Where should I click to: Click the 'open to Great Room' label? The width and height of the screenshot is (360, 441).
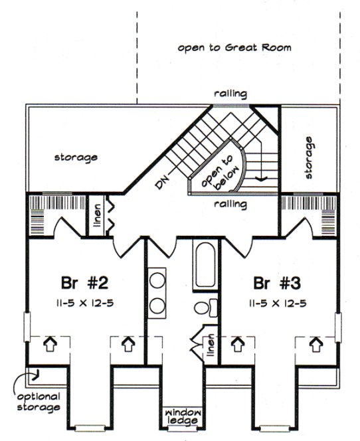pos(234,48)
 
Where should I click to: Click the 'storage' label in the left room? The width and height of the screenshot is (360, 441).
pos(76,157)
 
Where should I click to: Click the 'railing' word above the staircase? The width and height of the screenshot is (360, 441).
pos(230,94)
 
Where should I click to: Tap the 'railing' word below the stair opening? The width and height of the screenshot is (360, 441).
pos(230,205)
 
